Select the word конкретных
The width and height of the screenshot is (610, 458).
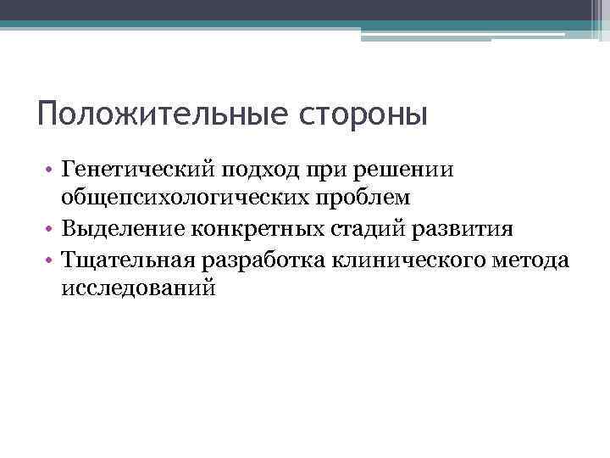[x=254, y=229]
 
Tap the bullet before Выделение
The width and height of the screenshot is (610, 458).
[x=53, y=230]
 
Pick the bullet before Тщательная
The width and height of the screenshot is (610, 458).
[x=53, y=260]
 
